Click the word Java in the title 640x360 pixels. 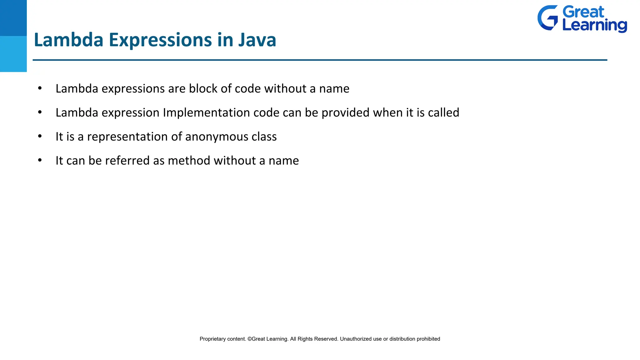257,40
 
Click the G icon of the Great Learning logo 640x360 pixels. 547,18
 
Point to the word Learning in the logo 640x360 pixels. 594,25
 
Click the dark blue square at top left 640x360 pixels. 13,18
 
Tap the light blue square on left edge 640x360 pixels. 13,54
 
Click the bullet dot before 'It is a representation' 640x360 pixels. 40,136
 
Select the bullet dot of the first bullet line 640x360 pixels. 40,88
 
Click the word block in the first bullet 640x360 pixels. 203,88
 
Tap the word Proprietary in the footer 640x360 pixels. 212,339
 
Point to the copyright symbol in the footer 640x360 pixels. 249,339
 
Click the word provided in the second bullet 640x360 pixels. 345,113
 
